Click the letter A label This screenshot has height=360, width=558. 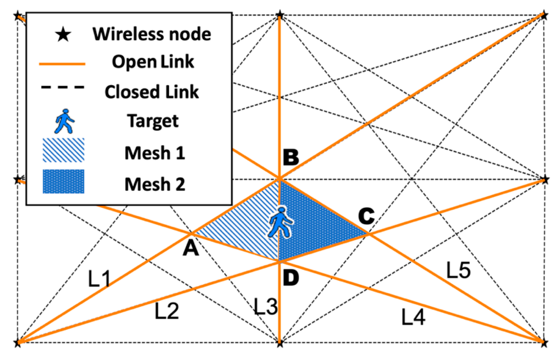pyautogui.click(x=191, y=249)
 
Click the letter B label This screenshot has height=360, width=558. pyautogui.click(x=291, y=157)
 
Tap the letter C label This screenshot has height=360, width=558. pyautogui.click(x=366, y=216)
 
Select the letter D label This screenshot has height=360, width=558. pyautogui.click(x=291, y=278)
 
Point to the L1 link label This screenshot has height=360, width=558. pyautogui.click(x=99, y=279)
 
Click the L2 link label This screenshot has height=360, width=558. pyautogui.click(x=166, y=311)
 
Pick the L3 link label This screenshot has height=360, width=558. pyautogui.click(x=266, y=306)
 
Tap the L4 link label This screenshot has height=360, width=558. pyautogui.click(x=413, y=317)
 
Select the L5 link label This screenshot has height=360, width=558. pyautogui.click(x=458, y=270)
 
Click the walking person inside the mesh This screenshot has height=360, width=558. pyautogui.click(x=281, y=223)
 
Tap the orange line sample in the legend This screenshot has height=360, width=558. pyautogui.click(x=62, y=64)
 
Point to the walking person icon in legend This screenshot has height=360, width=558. pyautogui.click(x=64, y=121)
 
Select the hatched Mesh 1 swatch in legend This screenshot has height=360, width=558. pyautogui.click(x=63, y=150)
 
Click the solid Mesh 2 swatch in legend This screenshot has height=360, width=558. pyautogui.click(x=63, y=181)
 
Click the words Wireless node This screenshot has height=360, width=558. pyautogui.click(x=152, y=34)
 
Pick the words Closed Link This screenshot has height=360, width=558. pyautogui.click(x=152, y=92)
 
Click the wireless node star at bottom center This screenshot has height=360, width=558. pyautogui.click(x=280, y=343)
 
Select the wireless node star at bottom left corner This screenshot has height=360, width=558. pyautogui.click(x=18, y=343)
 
